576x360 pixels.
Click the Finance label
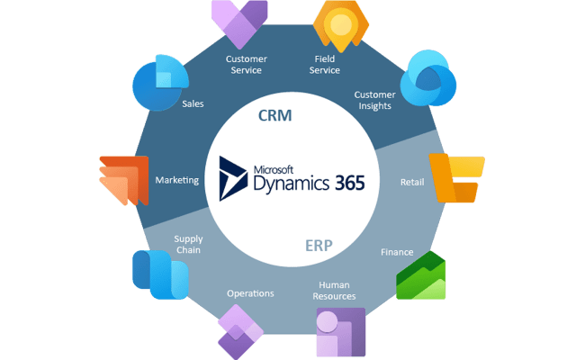pos(396,252)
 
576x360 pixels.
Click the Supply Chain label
pos(188,245)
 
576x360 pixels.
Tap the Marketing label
pos(176,180)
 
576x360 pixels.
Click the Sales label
pos(193,103)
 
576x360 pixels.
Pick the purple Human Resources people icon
pos(339,332)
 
